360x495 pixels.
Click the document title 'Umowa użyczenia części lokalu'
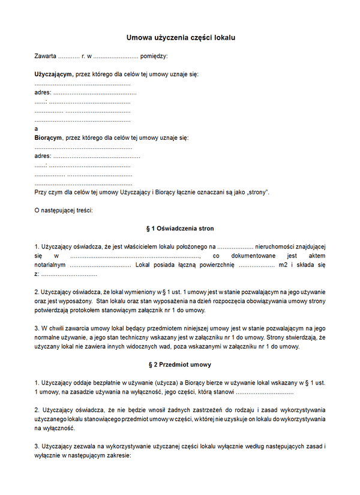click(x=181, y=37)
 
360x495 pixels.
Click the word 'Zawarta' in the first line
click(x=46, y=56)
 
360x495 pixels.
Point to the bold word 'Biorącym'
click(x=49, y=138)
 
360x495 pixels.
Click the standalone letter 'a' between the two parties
click(x=37, y=129)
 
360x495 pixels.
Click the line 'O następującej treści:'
click(x=64, y=210)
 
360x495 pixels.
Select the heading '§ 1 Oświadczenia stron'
click(x=180, y=229)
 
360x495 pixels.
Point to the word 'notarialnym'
click(x=50, y=265)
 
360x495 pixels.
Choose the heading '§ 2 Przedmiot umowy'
click(x=180, y=365)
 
